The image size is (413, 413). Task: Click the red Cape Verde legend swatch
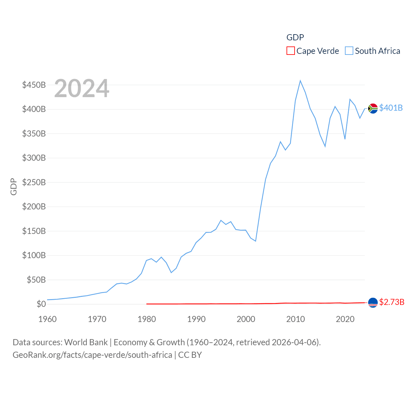pyautogui.click(x=290, y=51)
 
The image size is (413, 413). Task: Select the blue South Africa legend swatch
pyautogui.click(x=349, y=51)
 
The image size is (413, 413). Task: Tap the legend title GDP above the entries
pyautogui.click(x=295, y=37)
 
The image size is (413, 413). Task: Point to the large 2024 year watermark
pyautogui.click(x=82, y=88)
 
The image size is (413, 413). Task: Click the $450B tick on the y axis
pyautogui.click(x=34, y=85)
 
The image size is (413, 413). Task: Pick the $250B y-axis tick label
pyautogui.click(x=34, y=182)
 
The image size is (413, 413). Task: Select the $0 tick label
pyautogui.click(x=41, y=304)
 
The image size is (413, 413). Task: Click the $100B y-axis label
pyautogui.click(x=34, y=255)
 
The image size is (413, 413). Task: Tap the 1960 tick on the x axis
pyautogui.click(x=47, y=319)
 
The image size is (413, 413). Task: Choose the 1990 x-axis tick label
pyautogui.click(x=196, y=319)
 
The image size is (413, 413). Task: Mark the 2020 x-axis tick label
pyautogui.click(x=345, y=319)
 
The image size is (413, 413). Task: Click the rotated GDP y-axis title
pyautogui.click(x=14, y=186)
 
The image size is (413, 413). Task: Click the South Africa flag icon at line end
pyautogui.click(x=373, y=108)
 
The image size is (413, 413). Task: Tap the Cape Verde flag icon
pyautogui.click(x=373, y=303)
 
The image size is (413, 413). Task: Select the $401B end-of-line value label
pyautogui.click(x=391, y=108)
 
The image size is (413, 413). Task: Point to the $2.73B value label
pyautogui.click(x=392, y=302)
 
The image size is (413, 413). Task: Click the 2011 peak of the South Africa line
pyautogui.click(x=300, y=81)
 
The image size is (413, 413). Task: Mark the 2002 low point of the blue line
pyautogui.click(x=256, y=241)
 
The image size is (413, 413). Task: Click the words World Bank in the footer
pyautogui.click(x=86, y=342)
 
